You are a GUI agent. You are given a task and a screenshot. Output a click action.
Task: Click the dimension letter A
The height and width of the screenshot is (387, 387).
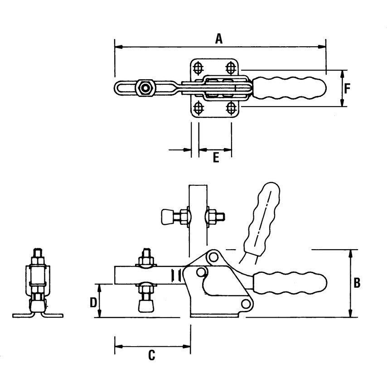click(219, 39)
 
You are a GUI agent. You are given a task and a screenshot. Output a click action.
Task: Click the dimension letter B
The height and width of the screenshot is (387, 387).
click(357, 283)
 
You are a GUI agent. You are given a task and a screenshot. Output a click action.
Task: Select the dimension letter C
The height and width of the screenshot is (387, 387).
click(152, 355)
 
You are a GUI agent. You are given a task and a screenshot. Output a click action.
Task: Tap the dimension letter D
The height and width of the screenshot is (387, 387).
click(93, 302)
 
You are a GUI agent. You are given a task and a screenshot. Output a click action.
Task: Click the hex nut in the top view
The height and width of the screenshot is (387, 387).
click(145, 87)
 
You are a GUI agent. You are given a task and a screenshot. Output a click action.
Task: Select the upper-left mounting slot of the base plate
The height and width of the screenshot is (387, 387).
click(198, 68)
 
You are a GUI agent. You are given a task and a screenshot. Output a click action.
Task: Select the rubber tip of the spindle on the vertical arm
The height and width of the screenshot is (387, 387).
click(166, 217)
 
